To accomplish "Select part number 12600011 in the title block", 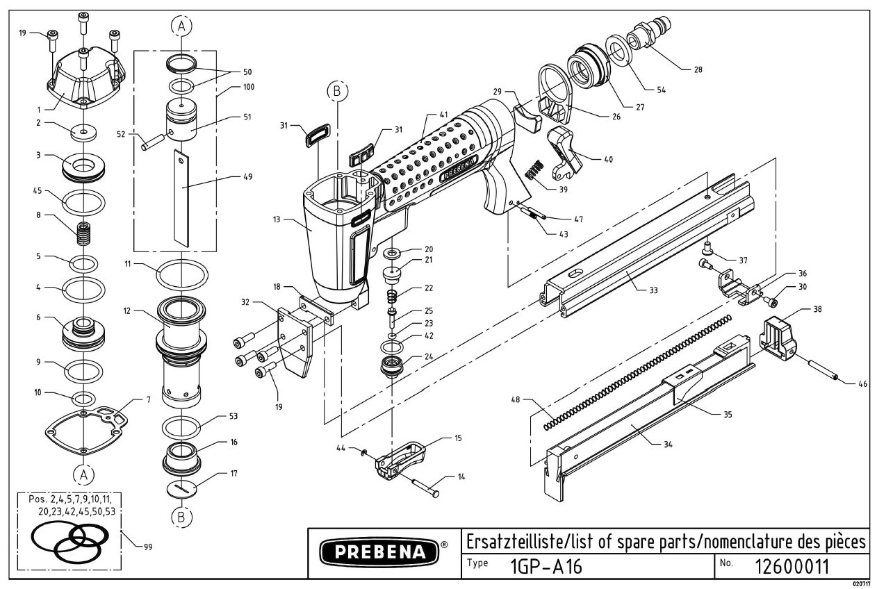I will [x=792, y=566].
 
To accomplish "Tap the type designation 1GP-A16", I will [x=546, y=567].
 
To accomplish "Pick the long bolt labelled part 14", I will [x=420, y=485].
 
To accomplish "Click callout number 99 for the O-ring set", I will [x=147, y=547].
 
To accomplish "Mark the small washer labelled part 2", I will [x=83, y=131].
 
